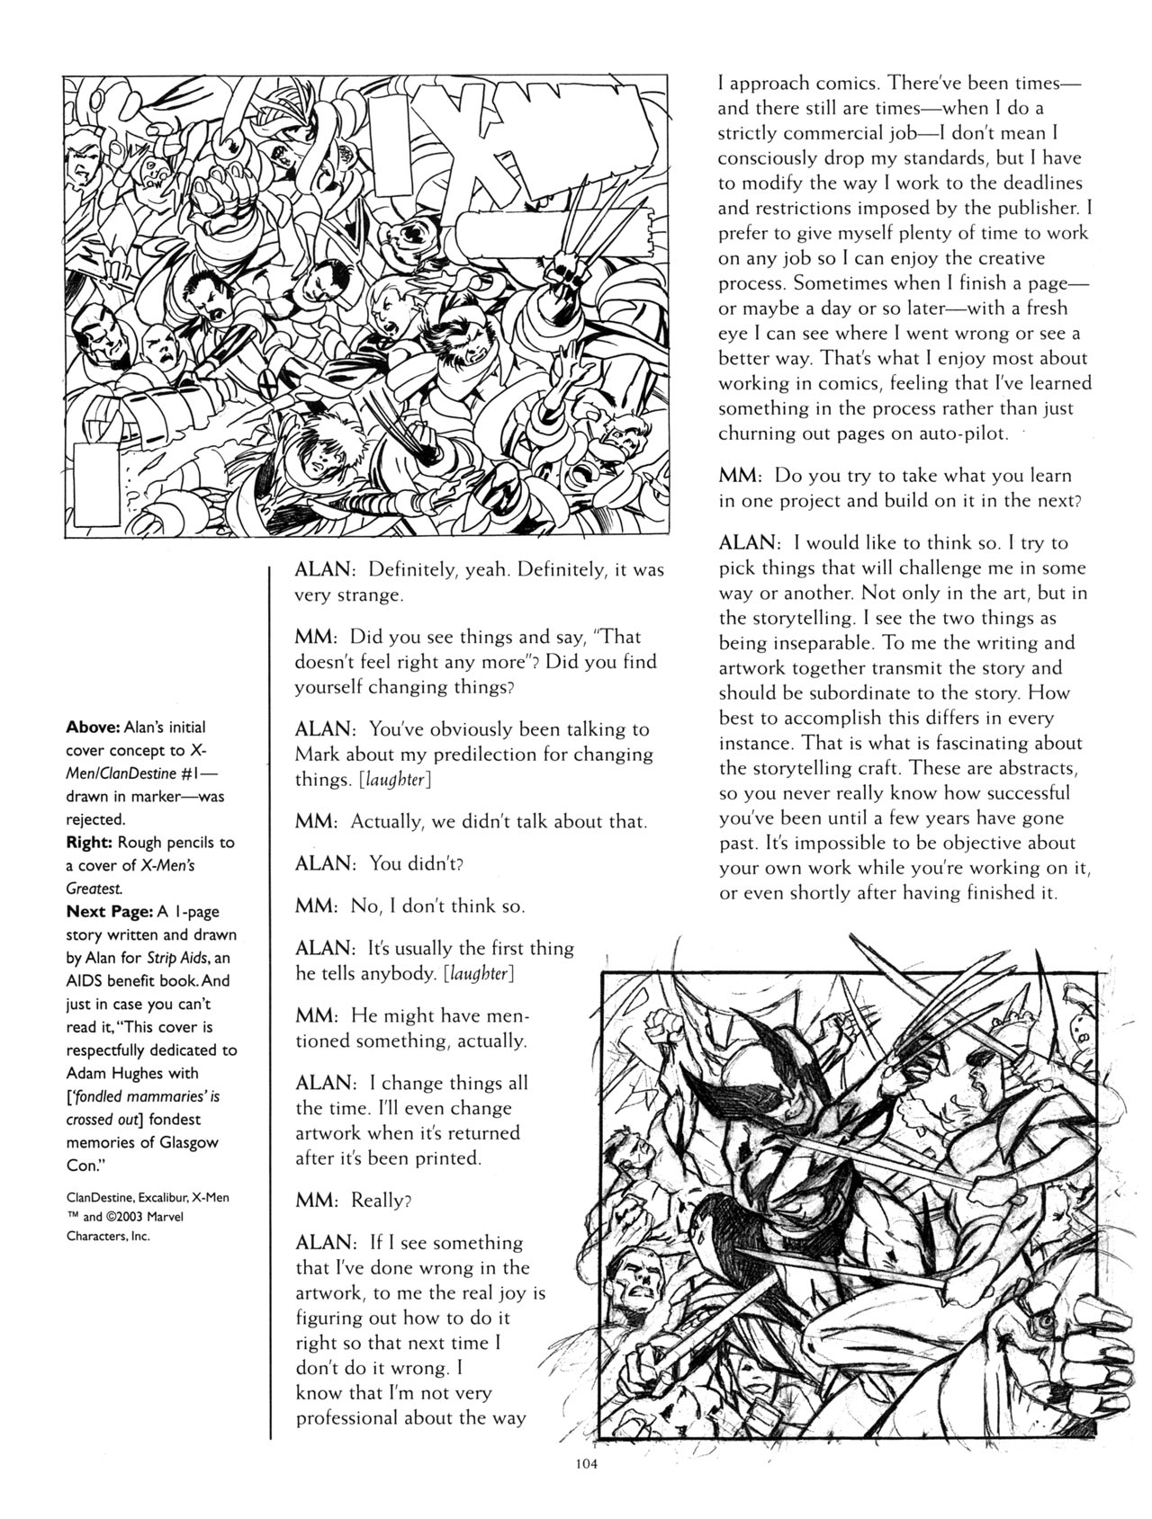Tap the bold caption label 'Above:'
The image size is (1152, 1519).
93,727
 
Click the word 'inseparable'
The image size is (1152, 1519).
779,643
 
